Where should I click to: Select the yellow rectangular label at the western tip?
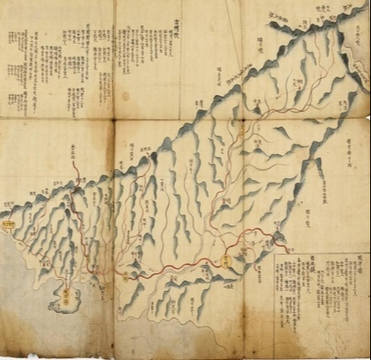point(8,225)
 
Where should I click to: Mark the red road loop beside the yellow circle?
point(249,239)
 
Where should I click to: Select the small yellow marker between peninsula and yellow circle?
point(129,273)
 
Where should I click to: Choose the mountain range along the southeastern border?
point(303,168)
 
